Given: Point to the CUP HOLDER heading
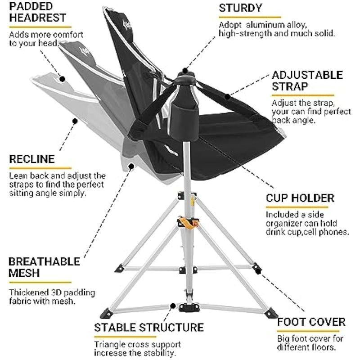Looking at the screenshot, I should pos(300,198).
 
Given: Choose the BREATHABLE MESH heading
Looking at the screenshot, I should pos(44,267).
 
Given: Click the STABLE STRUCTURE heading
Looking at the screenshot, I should pos(148,327).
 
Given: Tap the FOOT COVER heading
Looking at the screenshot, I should pos(311,322).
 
